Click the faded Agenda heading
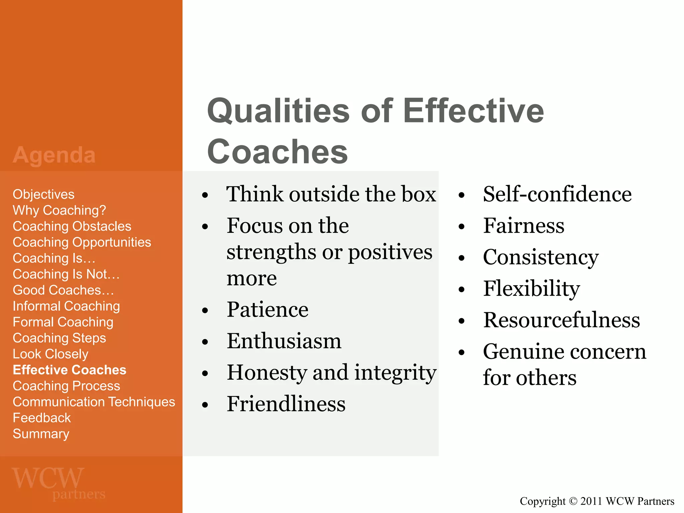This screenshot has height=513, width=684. (54, 155)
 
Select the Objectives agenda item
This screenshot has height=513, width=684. (43, 194)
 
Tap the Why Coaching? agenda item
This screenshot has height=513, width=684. (59, 210)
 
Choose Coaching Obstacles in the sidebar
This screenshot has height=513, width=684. (72, 226)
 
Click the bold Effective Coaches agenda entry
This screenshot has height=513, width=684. (69, 370)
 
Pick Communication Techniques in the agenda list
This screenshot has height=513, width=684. (94, 402)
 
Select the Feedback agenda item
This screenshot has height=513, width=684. (42, 418)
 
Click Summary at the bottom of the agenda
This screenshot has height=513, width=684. (41, 434)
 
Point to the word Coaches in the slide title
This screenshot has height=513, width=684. (277, 152)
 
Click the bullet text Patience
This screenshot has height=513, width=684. (267, 310)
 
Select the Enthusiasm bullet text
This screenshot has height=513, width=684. (284, 341)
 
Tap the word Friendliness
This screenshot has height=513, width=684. (286, 404)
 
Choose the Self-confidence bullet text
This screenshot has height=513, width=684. (557, 194)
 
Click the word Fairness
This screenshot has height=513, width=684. (523, 225)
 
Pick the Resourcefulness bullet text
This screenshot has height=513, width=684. (561, 320)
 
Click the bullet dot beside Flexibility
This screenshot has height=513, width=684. (462, 289)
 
